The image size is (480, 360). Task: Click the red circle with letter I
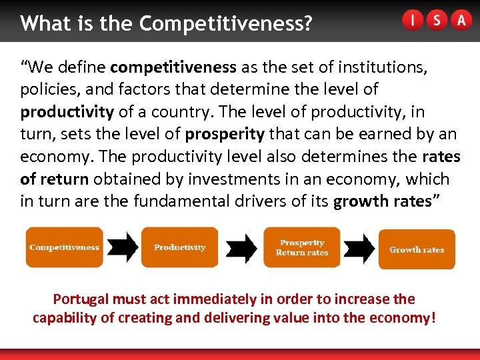413,21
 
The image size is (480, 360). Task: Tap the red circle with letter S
436,21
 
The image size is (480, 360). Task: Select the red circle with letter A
461,21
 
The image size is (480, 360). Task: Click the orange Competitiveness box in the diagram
64,247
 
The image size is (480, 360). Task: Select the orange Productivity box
179,247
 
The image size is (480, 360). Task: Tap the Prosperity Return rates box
302,247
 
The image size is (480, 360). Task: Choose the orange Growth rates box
417,249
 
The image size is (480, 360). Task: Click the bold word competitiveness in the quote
173,67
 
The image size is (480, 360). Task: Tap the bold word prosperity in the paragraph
225,134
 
